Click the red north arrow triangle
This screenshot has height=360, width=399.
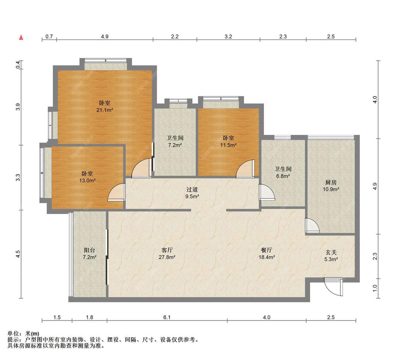(21, 38)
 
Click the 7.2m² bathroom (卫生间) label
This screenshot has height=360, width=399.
(175, 141)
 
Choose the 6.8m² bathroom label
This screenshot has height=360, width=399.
(283, 172)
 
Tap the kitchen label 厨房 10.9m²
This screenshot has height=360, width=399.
(331, 186)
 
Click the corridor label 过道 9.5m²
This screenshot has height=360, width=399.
(192, 193)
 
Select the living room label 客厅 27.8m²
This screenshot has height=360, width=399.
(167, 253)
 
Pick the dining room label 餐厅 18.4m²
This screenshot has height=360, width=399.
(267, 253)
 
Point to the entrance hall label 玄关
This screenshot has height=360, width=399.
(331, 252)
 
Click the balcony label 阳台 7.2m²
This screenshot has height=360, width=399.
(90, 253)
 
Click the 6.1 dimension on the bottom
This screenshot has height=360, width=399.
(167, 317)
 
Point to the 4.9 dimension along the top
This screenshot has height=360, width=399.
(105, 36)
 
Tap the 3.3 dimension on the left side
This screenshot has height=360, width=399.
(18, 178)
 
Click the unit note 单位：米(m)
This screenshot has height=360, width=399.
(23, 333)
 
